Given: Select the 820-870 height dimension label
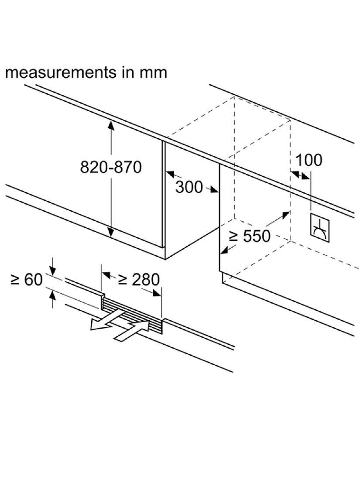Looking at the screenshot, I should pyautogui.click(x=111, y=167).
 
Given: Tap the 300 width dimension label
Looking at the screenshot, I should pyautogui.click(x=189, y=187).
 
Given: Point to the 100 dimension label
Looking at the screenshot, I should pyautogui.click(x=309, y=160).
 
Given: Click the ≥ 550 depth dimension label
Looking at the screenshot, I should pyautogui.click(x=250, y=236).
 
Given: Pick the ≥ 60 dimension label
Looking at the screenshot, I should pyautogui.click(x=27, y=279).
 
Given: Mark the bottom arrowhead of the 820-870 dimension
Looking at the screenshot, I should pyautogui.click(x=111, y=233).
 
